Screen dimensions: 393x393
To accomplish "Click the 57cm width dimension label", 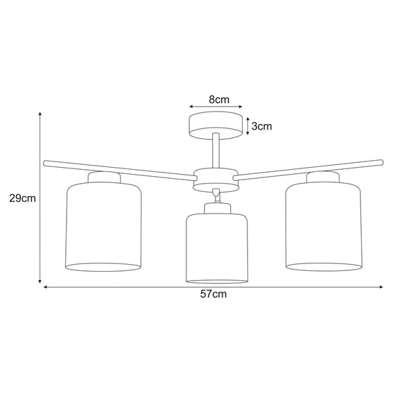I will (x=213, y=294).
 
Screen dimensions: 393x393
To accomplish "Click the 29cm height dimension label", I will (x=22, y=198).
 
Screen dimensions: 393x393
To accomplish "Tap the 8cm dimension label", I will (x=218, y=100).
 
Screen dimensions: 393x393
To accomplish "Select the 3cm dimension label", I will (x=261, y=126).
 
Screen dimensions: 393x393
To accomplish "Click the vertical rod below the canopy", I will (x=217, y=151).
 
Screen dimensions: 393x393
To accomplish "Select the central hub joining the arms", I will (x=216, y=177).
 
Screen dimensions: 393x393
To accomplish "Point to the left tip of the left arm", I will (x=46, y=163).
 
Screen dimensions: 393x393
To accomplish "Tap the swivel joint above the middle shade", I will (x=217, y=196).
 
